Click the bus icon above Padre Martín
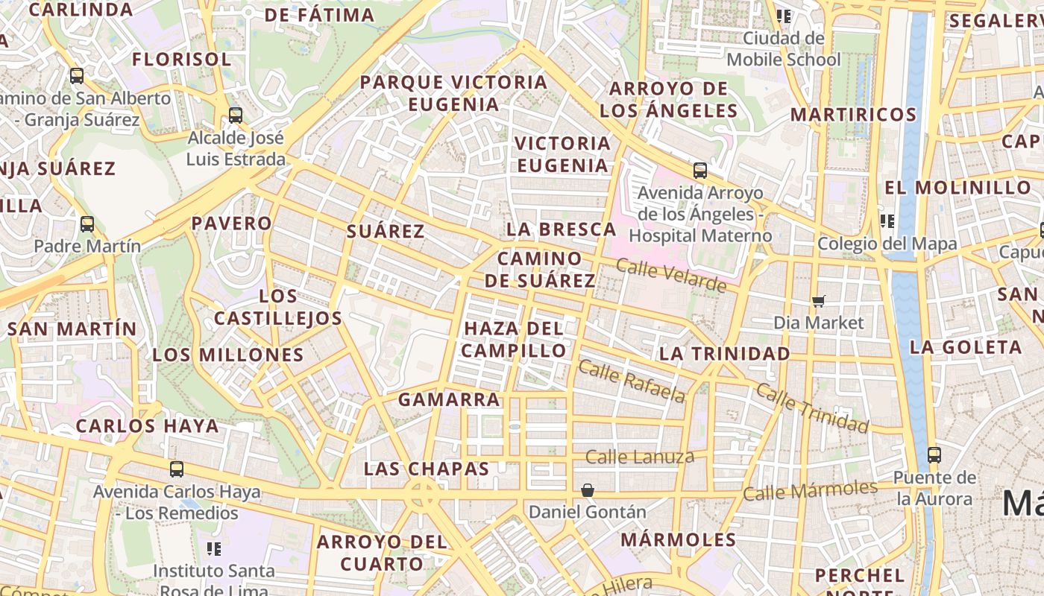(x=87, y=223)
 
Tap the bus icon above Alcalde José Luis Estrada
(x=236, y=115)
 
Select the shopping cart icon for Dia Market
(x=819, y=301)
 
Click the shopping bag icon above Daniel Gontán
(x=588, y=489)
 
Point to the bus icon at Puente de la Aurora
(x=934, y=454)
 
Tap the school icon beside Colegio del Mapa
(x=887, y=221)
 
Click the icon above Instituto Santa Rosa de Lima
(x=214, y=549)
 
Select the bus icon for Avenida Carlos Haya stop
(x=176, y=469)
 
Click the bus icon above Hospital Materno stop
(x=699, y=171)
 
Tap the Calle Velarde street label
(x=671, y=275)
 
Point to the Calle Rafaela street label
(x=632, y=381)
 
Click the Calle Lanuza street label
(x=639, y=457)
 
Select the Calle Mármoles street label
(x=810, y=490)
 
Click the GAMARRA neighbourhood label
(x=449, y=399)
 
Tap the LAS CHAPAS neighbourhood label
(x=426, y=469)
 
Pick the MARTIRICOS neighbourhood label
(x=853, y=115)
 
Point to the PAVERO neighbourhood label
(x=232, y=223)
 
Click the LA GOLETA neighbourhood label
(x=966, y=347)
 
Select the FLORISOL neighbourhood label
(x=181, y=60)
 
